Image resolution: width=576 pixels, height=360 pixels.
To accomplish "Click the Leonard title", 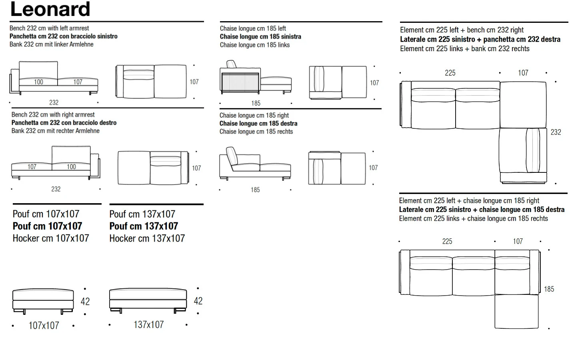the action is [50, 9].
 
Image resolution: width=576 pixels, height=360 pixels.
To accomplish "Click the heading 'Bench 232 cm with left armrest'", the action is [49, 28].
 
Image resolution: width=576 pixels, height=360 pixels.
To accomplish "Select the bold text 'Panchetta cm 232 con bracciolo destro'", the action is [64, 123].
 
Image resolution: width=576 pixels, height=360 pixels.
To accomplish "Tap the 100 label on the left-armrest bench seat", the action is [38, 82].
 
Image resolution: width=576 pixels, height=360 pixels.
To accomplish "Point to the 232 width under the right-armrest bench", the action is [56, 189].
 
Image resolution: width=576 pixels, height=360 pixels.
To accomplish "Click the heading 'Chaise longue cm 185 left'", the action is [253, 28].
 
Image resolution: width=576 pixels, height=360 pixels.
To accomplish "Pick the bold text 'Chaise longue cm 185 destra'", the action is [258, 124].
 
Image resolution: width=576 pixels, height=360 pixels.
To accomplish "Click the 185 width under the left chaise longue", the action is [256, 103].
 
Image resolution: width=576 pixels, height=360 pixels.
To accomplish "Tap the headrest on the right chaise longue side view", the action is [232, 156].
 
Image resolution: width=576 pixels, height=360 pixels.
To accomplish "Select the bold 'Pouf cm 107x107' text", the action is [47, 226].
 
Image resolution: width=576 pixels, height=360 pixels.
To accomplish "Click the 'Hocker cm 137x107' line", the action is [147, 238].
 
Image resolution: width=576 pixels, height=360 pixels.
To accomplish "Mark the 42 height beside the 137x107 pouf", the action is [198, 301].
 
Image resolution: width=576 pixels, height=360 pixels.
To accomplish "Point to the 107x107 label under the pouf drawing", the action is [44, 326].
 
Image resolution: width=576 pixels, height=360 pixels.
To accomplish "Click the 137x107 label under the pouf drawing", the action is [149, 325].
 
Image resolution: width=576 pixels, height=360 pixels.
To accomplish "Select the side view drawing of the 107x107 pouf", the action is [43, 301].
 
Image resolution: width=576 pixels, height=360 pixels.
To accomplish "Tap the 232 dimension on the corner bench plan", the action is [556, 132].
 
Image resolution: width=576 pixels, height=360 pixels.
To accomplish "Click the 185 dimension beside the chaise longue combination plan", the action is [549, 289].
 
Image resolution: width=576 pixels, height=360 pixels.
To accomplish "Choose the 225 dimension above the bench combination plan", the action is [450, 73].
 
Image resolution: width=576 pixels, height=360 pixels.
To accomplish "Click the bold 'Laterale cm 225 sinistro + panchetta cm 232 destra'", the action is [480, 39].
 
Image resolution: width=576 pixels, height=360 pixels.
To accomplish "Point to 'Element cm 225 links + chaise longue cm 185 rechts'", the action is [474, 218].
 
